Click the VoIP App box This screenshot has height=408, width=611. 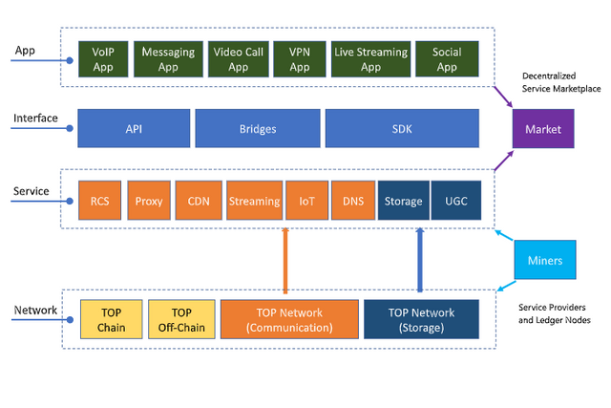tap(103, 59)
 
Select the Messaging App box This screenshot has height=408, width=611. tap(168, 59)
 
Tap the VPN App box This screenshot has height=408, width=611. tap(299, 59)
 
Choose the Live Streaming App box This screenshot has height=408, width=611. tap(370, 59)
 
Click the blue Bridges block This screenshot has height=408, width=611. tap(258, 128)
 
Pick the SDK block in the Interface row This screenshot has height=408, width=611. tap(402, 128)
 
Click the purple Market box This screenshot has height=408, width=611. tap(543, 129)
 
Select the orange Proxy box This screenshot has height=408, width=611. tap(149, 201)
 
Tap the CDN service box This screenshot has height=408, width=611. tap(199, 201)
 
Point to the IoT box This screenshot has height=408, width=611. tap(307, 201)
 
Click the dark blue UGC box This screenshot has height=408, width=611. tap(456, 201)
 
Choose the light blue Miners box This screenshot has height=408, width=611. tap(545, 260)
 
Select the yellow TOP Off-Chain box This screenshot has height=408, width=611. tap(181, 319)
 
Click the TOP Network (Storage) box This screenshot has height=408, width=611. tap(422, 319)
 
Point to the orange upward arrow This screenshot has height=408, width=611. tap(285, 261)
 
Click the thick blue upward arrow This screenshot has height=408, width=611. tap(420, 260)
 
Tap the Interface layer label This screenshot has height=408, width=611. tap(35, 118)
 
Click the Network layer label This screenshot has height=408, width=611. tap(35, 311)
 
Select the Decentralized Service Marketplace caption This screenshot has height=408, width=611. tap(561, 82)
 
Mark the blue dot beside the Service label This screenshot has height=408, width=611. tap(70, 202)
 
